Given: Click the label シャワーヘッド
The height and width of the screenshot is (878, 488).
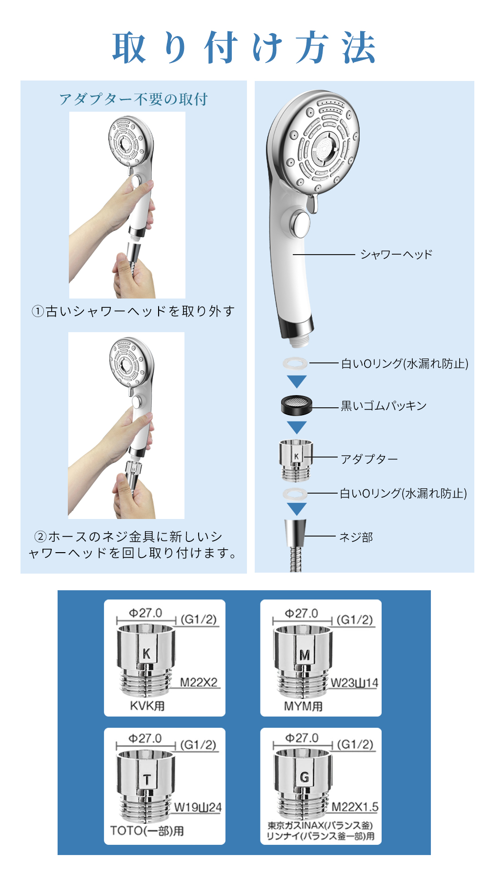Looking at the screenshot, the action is (x=396, y=254).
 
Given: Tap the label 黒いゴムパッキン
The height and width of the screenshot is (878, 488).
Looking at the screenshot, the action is (x=384, y=406).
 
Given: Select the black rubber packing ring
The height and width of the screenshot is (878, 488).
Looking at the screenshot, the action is (x=296, y=405).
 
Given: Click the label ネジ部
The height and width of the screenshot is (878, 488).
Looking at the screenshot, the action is (x=356, y=537).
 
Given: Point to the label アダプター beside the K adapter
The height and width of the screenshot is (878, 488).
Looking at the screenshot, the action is (x=369, y=459).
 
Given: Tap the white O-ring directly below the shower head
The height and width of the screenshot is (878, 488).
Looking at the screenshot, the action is (x=295, y=363).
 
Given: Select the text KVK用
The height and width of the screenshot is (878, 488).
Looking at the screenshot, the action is (x=147, y=706).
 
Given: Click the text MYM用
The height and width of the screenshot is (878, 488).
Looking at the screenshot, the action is (x=304, y=706).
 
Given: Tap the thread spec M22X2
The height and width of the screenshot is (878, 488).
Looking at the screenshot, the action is (x=199, y=682).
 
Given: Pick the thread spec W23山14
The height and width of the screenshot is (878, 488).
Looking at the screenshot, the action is (x=354, y=683).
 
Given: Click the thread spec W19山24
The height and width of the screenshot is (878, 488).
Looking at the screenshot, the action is (x=198, y=807).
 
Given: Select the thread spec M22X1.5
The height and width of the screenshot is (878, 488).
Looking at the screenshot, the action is (x=355, y=807).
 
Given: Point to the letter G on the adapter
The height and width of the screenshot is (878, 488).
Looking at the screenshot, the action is (x=305, y=777).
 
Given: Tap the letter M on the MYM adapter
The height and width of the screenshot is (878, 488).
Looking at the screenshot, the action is (x=305, y=655).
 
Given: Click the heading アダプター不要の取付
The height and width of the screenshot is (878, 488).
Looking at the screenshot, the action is (x=134, y=100).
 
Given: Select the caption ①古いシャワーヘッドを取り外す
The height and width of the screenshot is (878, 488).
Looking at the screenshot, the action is (x=133, y=311).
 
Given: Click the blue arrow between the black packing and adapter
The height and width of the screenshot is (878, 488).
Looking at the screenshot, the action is (x=297, y=427).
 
